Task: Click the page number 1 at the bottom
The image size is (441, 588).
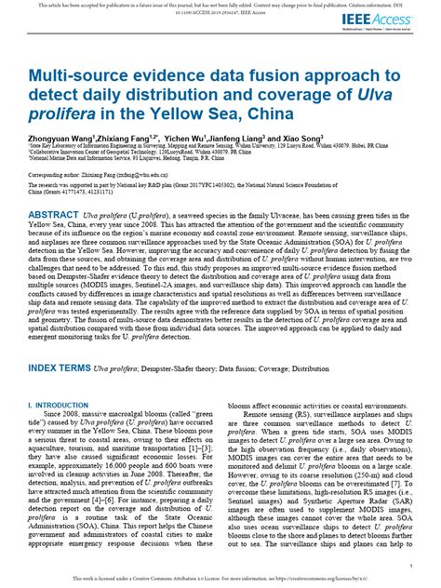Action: tap(409, 566)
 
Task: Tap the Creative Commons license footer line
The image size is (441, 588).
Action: tap(220, 579)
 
